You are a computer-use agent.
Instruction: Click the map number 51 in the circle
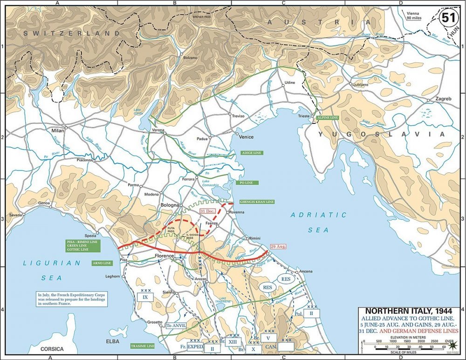[448, 18]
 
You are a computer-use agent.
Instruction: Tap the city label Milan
[59, 131]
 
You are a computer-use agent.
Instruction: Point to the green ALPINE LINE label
[327, 118]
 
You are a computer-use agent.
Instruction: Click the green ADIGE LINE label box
[252, 153]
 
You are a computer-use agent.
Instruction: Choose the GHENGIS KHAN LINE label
[256, 202]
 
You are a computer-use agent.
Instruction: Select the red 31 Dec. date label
[208, 211]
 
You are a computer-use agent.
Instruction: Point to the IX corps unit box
[145, 297]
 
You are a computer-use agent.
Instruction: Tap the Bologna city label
[170, 205]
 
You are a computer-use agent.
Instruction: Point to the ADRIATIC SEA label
[318, 222]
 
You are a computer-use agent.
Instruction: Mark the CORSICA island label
[52, 348]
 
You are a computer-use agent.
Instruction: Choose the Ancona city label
[306, 272]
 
